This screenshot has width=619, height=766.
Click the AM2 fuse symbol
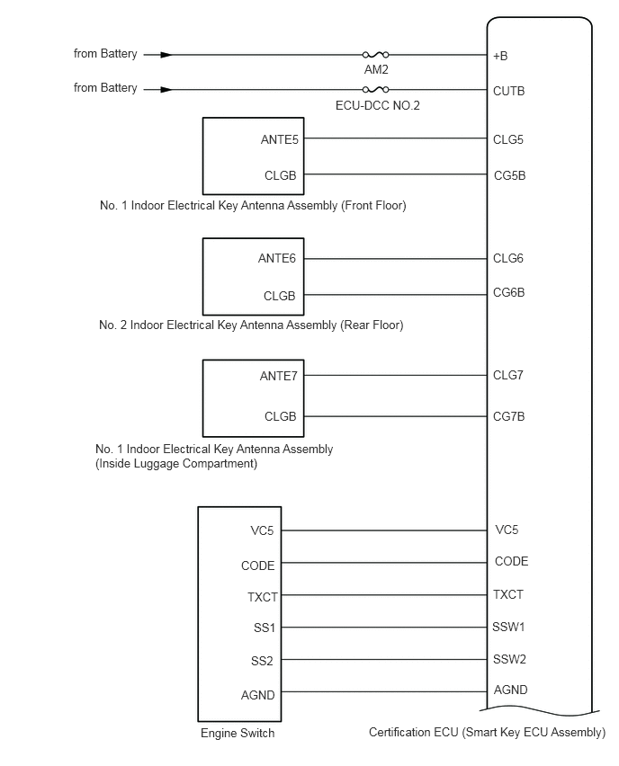tap(375, 55)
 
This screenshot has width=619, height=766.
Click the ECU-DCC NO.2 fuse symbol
tap(375, 89)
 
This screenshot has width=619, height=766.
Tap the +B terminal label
tap(500, 56)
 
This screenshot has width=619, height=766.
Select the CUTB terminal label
tap(508, 91)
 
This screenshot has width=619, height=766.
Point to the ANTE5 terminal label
tap(279, 139)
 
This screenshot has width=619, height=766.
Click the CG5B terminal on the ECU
tap(508, 175)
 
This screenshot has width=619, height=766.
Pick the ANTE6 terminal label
tap(278, 258)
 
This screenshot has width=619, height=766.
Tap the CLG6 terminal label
tap(507, 258)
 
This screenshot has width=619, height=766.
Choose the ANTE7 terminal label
tap(278, 376)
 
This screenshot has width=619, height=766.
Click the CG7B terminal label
tap(508, 416)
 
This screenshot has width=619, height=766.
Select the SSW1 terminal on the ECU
tap(509, 627)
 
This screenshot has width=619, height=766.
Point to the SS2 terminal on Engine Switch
tap(262, 661)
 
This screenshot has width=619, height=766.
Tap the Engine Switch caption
tap(238, 734)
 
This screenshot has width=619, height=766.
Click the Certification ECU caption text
tap(487, 733)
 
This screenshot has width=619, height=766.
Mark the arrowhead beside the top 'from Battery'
tap(165, 55)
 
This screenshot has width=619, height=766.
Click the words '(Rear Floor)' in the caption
tap(372, 325)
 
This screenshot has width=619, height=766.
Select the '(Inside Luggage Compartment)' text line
tap(175, 464)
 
